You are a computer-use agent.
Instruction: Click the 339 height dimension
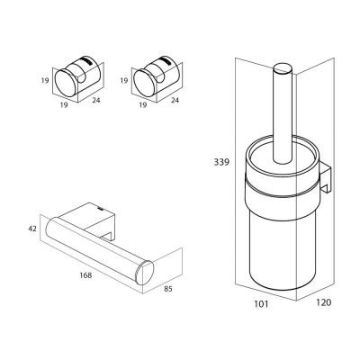[x=221, y=162]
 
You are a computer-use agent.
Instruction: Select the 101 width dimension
[x=261, y=304]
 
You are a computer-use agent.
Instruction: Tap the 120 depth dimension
[x=323, y=302]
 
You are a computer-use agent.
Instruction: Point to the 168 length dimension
[x=85, y=275]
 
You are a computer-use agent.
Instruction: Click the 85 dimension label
[x=168, y=289]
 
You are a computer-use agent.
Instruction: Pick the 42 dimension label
[x=32, y=229]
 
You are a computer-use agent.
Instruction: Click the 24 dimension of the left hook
[x=96, y=100]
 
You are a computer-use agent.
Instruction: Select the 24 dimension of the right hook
[x=175, y=100]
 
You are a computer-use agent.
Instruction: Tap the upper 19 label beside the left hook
[x=45, y=81]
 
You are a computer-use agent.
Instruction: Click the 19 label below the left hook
[x=64, y=105]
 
